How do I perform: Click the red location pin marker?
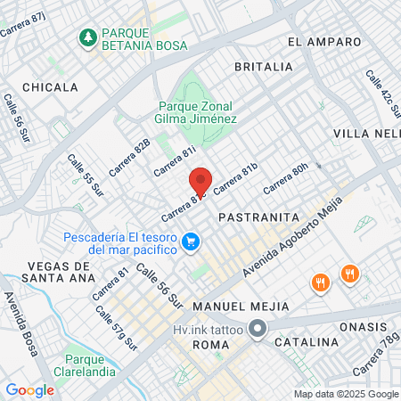coord(200,181)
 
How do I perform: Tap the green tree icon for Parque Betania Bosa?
coord(88,37)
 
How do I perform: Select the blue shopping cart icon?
coord(190,241)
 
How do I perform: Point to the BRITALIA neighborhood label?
coord(263,67)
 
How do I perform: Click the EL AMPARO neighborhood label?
coord(324,42)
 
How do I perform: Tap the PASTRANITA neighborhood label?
coord(250,217)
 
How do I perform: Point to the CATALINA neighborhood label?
coord(307,341)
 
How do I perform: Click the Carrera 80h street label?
coord(286,178)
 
